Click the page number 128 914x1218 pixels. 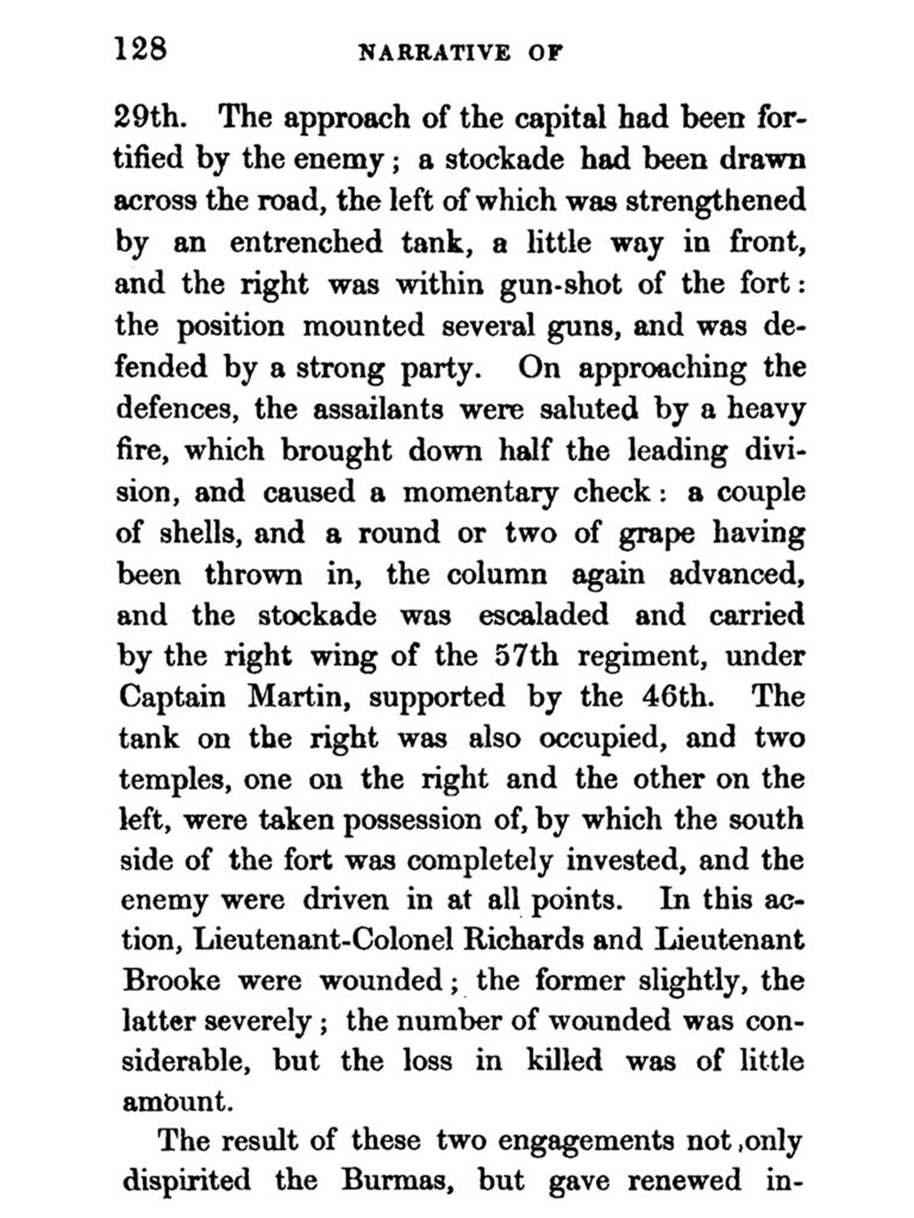140,49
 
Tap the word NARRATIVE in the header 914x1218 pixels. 434,53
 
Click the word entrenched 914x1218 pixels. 306,242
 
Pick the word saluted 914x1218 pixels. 589,409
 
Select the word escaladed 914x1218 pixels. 543,615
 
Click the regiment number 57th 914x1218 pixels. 526,656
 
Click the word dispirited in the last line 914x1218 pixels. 186,1180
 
